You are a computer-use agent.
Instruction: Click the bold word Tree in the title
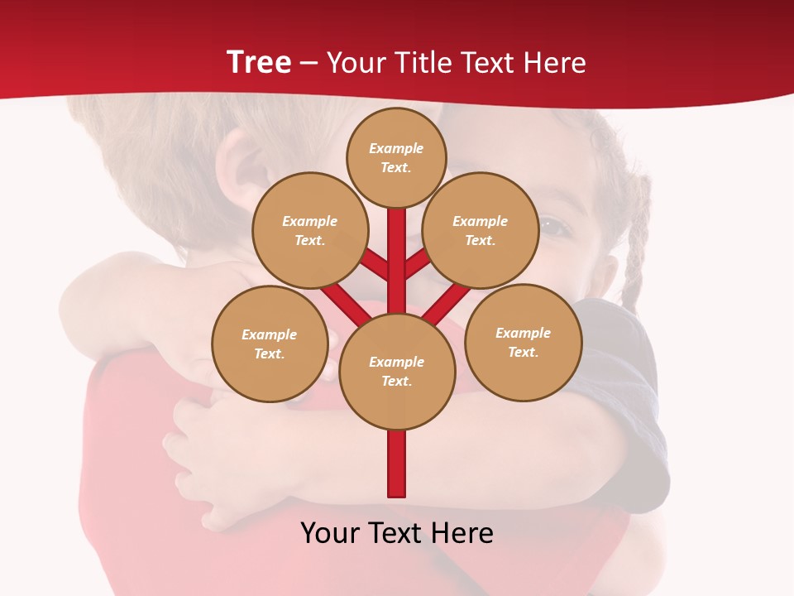259,63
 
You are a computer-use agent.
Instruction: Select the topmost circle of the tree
396,157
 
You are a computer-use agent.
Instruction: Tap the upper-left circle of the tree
309,230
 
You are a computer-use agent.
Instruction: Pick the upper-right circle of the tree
480,230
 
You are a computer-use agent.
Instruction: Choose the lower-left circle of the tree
269,344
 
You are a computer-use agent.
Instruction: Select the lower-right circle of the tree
523,342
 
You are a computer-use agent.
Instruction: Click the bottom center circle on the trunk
397,371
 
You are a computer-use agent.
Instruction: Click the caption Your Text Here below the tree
397,533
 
